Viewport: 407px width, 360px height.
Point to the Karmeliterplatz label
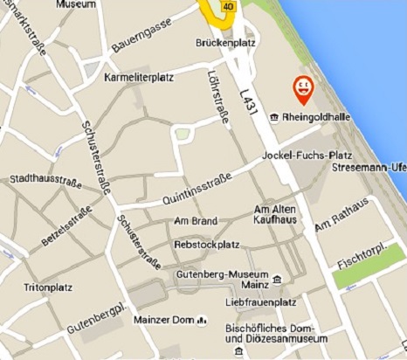tap(139, 77)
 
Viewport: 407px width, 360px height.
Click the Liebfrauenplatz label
tap(256, 301)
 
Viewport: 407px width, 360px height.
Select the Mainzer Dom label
tap(163, 320)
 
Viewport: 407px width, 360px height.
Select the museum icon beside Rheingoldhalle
tap(273, 116)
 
